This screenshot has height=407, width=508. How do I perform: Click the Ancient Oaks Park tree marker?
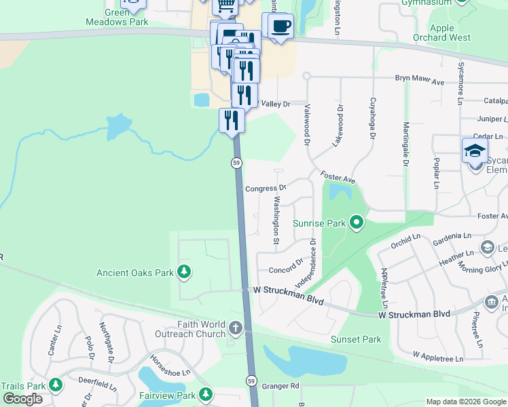183,273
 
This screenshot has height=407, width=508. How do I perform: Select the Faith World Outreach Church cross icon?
235,329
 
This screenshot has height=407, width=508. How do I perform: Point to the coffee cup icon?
279,26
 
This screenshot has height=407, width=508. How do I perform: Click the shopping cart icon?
225,6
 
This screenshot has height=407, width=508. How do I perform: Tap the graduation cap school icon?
474,151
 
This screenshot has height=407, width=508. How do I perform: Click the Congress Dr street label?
265,188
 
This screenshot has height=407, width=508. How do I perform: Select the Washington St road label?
276,220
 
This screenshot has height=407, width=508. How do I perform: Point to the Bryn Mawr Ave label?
419,80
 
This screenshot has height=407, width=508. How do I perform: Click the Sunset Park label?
356,339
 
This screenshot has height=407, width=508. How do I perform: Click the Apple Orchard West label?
441,33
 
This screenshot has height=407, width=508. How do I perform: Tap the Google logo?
22,399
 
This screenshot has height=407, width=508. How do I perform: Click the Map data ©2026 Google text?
466,402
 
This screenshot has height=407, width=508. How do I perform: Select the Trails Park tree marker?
55,385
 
